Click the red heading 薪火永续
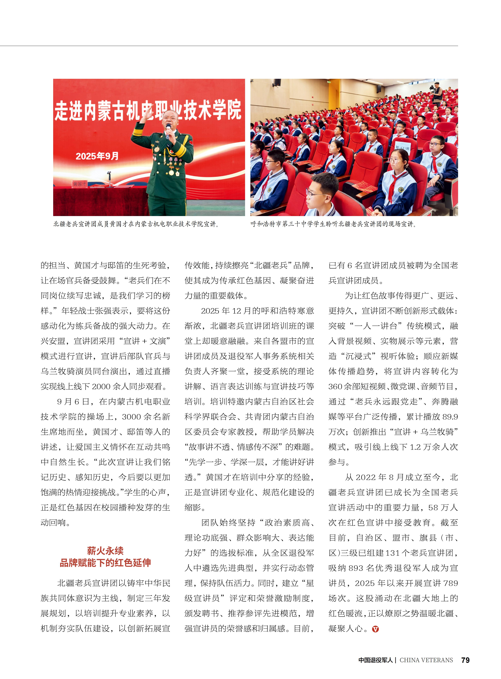105,551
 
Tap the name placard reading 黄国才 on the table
80,184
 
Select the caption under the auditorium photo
334,224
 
